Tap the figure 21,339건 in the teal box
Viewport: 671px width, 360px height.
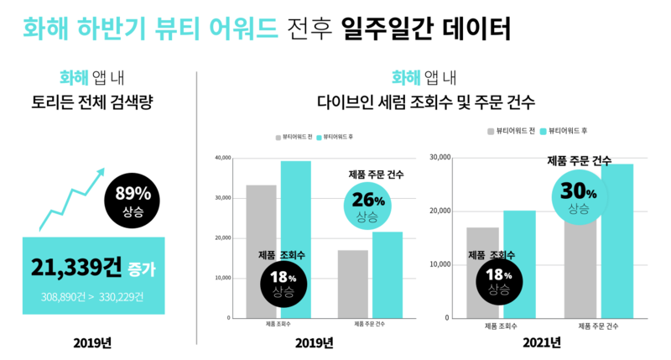(x=77, y=269)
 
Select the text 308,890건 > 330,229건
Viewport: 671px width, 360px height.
(x=93, y=297)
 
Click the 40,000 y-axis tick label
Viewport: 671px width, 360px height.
(x=222, y=158)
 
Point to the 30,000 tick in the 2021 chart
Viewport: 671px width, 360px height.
(x=440, y=157)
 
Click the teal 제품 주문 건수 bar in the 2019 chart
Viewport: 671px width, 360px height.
(x=388, y=274)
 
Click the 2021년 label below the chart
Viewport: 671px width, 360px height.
(x=541, y=342)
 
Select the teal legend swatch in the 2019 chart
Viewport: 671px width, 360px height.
(x=318, y=135)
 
